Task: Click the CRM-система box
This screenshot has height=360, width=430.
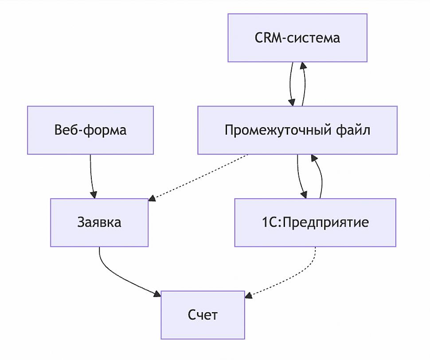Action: coord(297,38)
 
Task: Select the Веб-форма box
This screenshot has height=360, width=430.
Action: coord(90,130)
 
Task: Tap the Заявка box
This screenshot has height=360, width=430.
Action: coord(99,222)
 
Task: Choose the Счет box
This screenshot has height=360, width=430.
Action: coord(203,315)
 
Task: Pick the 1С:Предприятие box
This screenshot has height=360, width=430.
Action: coord(315,222)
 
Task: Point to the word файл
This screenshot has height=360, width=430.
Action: coord(354,130)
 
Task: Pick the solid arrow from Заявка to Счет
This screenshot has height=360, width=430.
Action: coord(120,277)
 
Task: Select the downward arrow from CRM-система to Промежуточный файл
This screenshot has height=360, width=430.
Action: coord(290,84)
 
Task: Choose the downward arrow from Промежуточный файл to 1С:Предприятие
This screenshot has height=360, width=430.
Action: coord(299,176)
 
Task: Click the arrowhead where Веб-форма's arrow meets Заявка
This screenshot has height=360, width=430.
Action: coord(93,195)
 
